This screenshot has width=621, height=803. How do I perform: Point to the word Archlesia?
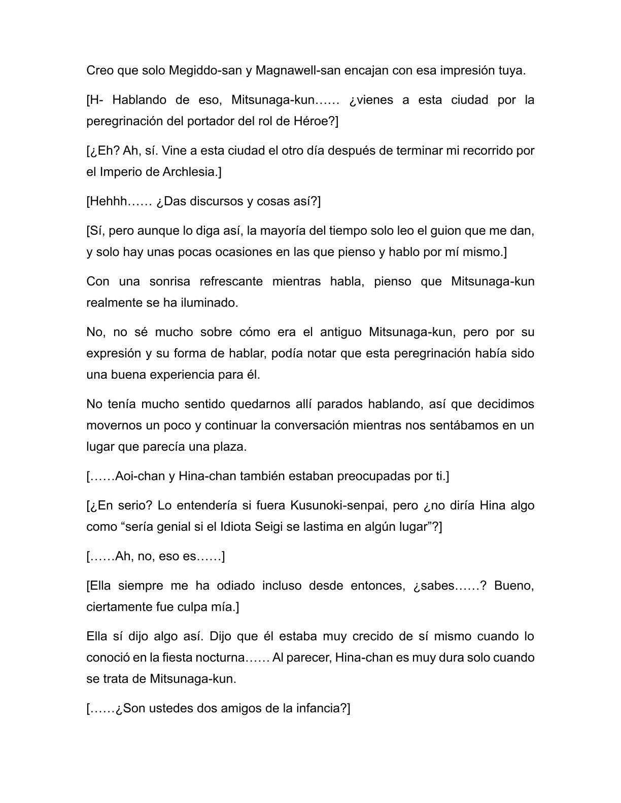point(189,172)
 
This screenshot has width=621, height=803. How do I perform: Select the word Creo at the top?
point(100,70)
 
